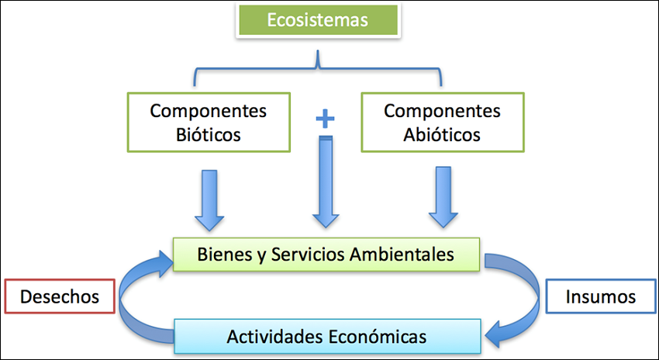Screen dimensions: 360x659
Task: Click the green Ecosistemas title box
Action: pyautogui.click(x=317, y=20)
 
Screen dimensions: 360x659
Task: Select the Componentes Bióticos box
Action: pyautogui.click(x=209, y=122)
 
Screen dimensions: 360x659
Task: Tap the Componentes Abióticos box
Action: pyautogui.click(x=442, y=122)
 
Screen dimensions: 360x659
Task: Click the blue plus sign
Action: pyautogui.click(x=326, y=119)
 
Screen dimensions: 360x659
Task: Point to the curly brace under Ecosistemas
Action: pyautogui.click(x=317, y=70)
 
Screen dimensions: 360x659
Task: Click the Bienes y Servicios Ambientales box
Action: pyautogui.click(x=326, y=254)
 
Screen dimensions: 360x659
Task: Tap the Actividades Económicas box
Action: pyautogui.click(x=326, y=337)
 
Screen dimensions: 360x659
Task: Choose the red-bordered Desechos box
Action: pyautogui.click(x=59, y=296)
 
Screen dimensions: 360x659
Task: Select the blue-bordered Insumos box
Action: pyautogui.click(x=600, y=296)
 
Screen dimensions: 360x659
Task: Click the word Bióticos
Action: pyautogui.click(x=209, y=134)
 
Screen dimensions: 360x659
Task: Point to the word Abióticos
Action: pyautogui.click(x=442, y=134)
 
